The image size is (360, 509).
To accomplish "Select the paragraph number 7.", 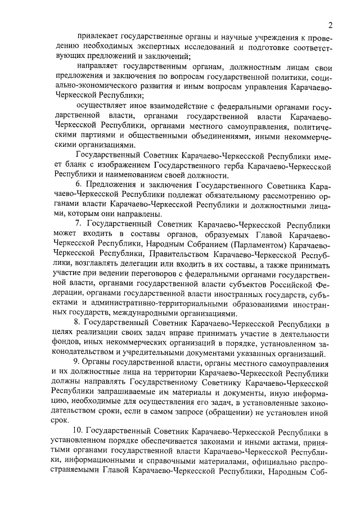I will pos(78,223).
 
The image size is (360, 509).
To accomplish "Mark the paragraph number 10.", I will pos(80,430).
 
